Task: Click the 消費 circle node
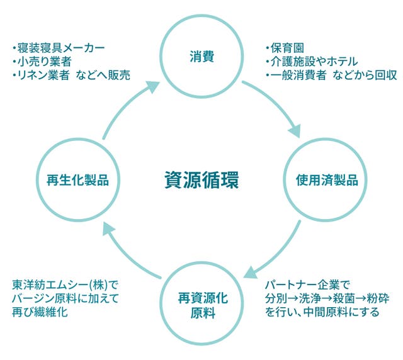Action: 201,57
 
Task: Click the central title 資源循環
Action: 201,180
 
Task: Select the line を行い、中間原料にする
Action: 322,311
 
